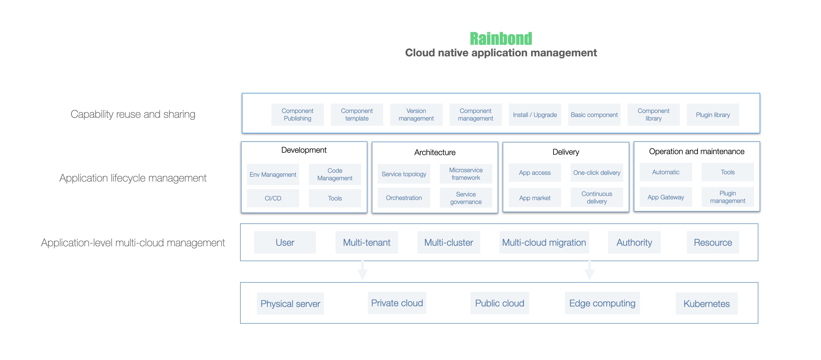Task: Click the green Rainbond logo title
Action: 501,39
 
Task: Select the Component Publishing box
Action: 297,115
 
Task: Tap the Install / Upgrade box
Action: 535,115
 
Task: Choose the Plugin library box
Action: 713,115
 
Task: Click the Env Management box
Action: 273,174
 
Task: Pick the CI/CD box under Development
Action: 273,198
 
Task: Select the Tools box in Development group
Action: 335,198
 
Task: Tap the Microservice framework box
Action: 466,174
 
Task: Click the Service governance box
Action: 466,198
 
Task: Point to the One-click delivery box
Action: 597,173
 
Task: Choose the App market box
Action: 535,198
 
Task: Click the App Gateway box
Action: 665,197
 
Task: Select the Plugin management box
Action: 727,197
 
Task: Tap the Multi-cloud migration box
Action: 544,243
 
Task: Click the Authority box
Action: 634,243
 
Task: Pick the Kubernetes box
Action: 706,304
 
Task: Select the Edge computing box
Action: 602,303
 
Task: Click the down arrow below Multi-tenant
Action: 362,271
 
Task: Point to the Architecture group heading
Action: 435,152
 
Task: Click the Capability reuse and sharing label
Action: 133,114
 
